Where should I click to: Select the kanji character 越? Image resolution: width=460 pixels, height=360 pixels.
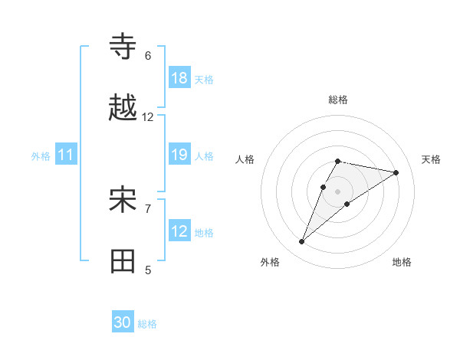(x=123, y=110)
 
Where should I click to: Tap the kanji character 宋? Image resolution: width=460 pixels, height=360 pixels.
(x=123, y=201)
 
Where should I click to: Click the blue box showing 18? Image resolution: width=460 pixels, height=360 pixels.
(x=179, y=78)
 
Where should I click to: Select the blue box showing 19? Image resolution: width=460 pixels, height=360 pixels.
(x=179, y=155)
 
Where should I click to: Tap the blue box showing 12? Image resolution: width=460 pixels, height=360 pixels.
(x=179, y=231)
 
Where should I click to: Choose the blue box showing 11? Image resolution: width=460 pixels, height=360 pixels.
(x=66, y=155)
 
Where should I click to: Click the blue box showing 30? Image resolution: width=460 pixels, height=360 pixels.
(x=123, y=323)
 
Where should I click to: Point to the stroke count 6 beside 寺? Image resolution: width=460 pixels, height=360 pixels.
(x=148, y=56)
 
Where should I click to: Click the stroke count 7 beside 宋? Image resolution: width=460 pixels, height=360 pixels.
(x=148, y=208)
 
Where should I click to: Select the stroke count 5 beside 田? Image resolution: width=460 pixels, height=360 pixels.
(x=148, y=270)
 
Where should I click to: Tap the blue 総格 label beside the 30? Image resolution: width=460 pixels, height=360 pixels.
(x=147, y=324)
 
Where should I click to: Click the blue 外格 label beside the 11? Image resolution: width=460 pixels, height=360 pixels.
(x=41, y=156)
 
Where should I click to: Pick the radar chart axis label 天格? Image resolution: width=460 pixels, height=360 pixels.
(x=431, y=159)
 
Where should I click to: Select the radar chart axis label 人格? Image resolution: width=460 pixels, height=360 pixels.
(x=245, y=159)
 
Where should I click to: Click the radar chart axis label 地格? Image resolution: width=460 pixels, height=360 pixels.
(x=402, y=263)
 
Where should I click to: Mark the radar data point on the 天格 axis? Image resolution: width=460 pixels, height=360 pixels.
(x=396, y=172)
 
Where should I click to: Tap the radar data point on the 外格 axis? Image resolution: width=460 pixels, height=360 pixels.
(x=301, y=242)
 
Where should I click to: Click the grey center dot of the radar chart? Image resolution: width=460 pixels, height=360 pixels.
(x=338, y=191)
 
